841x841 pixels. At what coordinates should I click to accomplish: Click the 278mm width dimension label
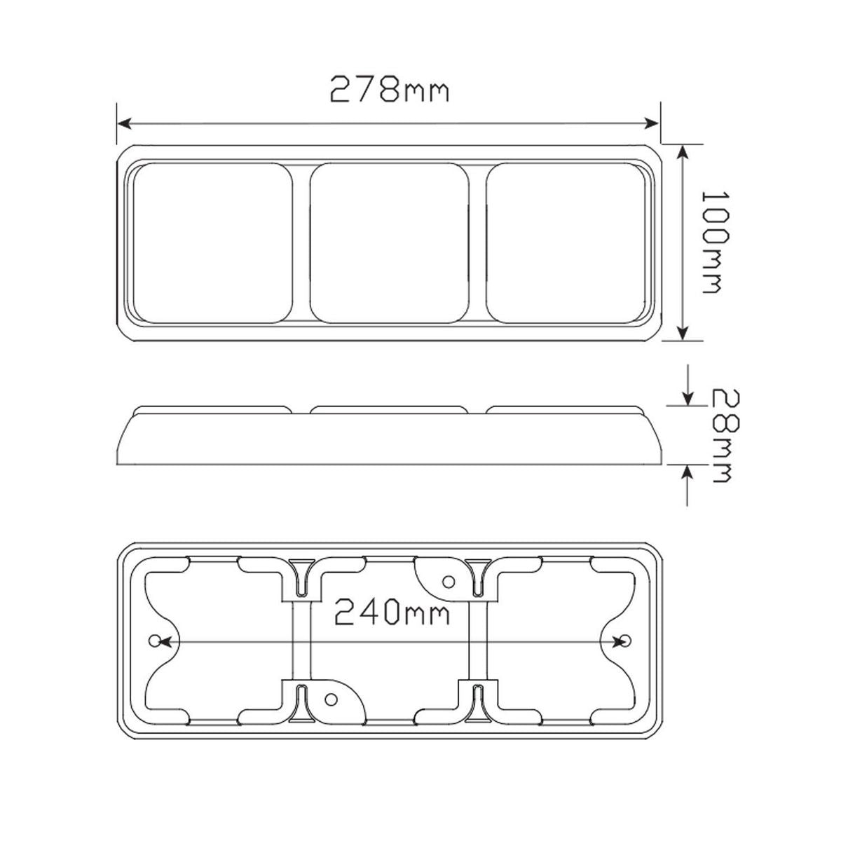coord(389,89)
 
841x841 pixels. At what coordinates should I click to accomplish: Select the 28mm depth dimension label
coord(725,436)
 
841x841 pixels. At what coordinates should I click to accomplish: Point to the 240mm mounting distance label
coord(392,612)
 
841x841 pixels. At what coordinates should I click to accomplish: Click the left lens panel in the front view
coord(212,243)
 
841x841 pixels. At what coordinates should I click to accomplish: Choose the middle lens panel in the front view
coord(389,243)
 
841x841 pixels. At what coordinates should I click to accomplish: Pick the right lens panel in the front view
coord(566,243)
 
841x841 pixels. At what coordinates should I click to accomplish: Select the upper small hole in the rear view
coord(449,582)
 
